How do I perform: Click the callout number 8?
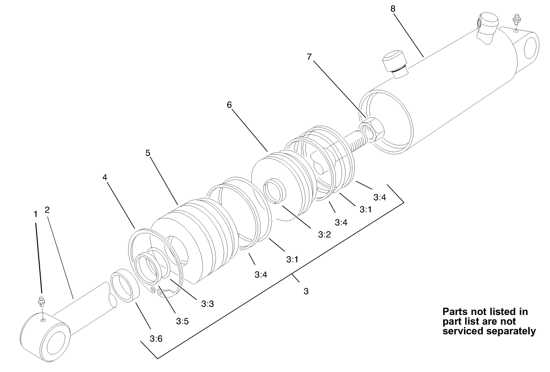point(392,8)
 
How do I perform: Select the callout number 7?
point(310,57)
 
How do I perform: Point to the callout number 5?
point(148,153)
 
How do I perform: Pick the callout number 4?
point(105,177)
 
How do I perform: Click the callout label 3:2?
point(324,234)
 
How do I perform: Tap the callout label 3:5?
point(182,321)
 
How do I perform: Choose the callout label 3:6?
point(156,339)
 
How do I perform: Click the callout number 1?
point(35,214)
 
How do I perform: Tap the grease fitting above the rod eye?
point(42,302)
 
